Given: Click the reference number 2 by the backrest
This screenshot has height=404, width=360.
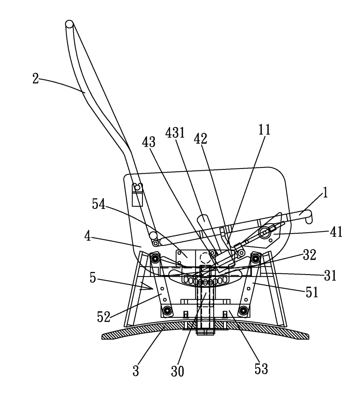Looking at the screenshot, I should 36,78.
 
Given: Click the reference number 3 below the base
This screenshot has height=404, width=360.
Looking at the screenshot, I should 136,372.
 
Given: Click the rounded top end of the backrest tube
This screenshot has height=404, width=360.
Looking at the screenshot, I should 69,24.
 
